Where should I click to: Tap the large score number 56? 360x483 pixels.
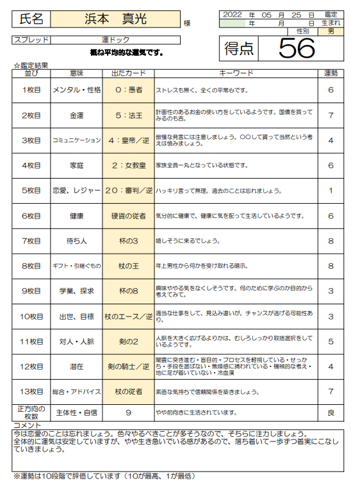[x=297, y=47]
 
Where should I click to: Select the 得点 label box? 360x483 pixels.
[x=240, y=48]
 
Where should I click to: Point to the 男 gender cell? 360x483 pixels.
[x=331, y=31]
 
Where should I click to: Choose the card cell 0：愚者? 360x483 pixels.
[x=128, y=90]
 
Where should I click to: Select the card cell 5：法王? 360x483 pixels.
[x=128, y=115]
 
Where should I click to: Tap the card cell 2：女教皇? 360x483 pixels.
[x=128, y=165]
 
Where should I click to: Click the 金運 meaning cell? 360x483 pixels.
[x=77, y=115]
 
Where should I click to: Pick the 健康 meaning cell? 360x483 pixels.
[x=77, y=216]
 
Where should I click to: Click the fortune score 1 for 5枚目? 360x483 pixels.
[x=331, y=190]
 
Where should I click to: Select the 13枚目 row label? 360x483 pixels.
[x=31, y=391]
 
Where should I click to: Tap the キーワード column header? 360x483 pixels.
[x=236, y=73]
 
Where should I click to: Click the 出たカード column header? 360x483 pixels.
[x=128, y=73]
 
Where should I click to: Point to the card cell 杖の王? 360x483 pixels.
[x=128, y=266]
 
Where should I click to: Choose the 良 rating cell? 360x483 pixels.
[x=331, y=413]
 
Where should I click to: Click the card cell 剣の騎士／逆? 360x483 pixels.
[x=128, y=366]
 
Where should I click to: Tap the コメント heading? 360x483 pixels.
[x=27, y=425]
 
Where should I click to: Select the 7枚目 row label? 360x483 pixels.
[x=31, y=241]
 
